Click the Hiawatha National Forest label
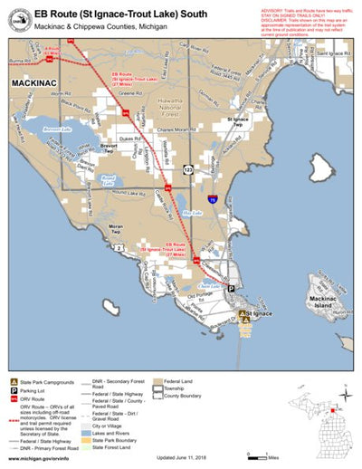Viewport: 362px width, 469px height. [x=170, y=107]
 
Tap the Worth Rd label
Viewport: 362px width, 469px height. [x=61, y=93]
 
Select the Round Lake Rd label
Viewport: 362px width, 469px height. [x=130, y=194]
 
